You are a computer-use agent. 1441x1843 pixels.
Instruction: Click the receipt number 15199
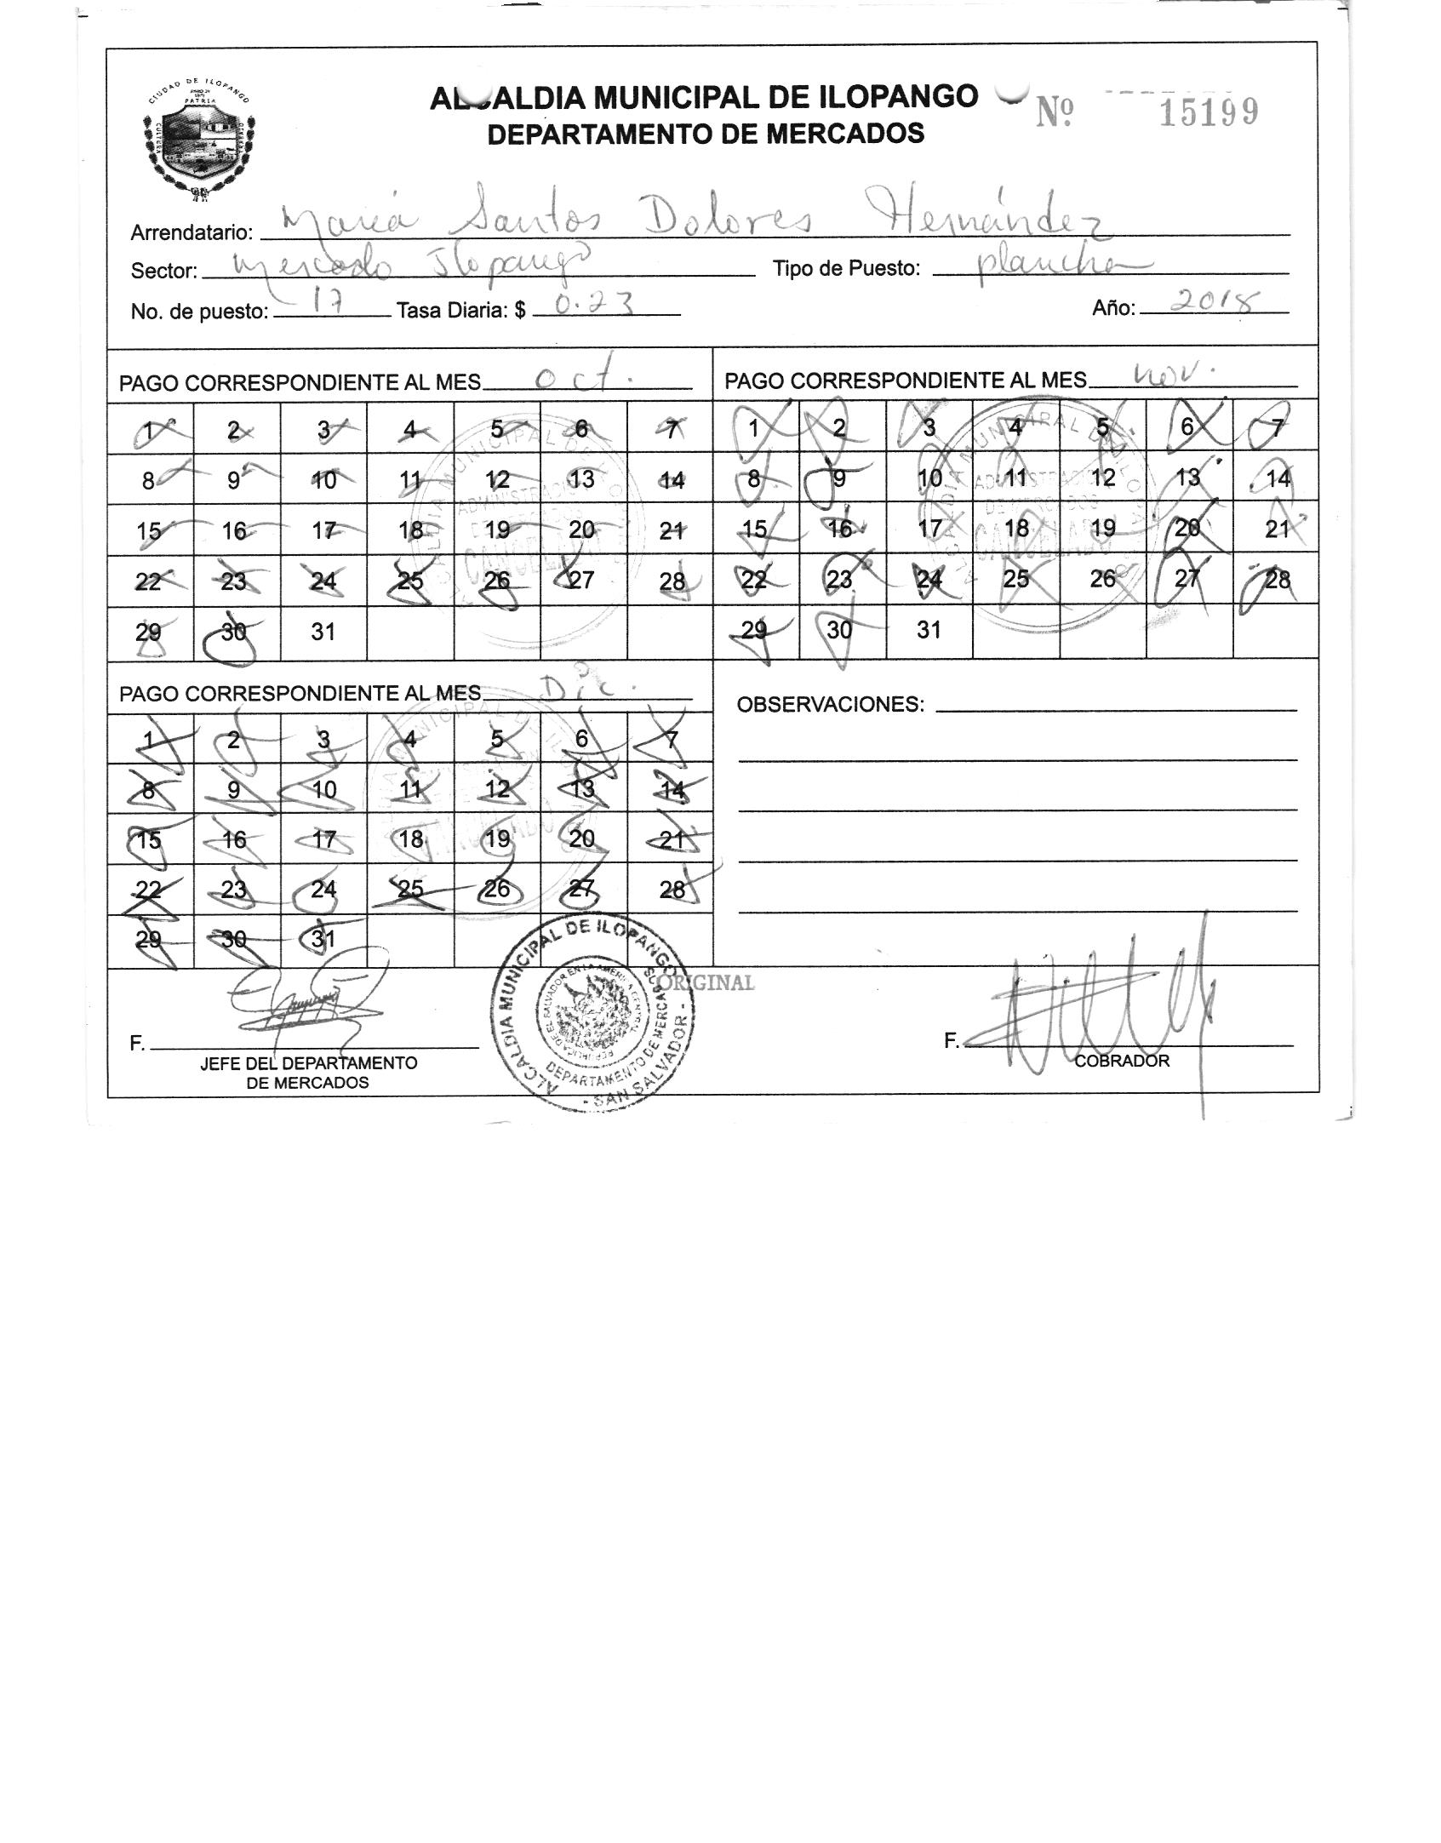pos(1209,112)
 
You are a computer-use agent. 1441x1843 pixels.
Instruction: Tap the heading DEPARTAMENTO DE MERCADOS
pos(706,134)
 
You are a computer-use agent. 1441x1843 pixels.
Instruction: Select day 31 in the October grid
pos(323,632)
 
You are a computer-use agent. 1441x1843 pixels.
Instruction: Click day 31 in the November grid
pos(929,630)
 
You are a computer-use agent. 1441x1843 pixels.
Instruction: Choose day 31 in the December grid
pos(323,939)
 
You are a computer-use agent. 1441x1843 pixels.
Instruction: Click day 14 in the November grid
pos(1278,478)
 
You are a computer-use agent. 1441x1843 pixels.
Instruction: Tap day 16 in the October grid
pos(234,531)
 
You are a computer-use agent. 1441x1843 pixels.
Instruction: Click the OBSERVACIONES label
pos(830,705)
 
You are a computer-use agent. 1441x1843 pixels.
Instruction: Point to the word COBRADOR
pos(1122,1061)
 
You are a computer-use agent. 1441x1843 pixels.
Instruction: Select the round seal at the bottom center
pos(594,1015)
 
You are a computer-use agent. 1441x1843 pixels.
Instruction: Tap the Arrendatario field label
pos(192,232)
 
